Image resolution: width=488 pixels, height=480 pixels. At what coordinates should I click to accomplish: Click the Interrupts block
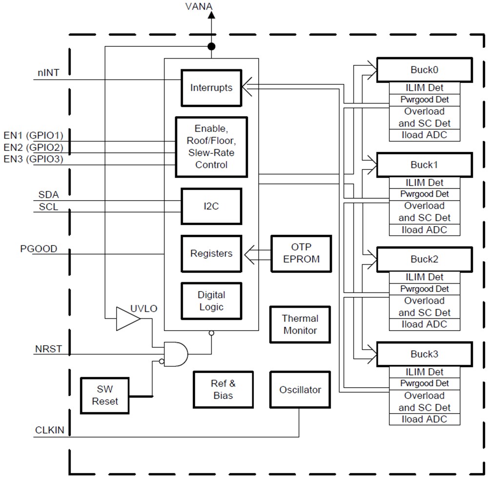(x=211, y=88)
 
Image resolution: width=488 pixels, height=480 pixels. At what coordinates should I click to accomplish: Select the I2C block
(x=211, y=206)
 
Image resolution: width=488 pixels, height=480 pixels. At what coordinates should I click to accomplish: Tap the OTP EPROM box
(x=301, y=253)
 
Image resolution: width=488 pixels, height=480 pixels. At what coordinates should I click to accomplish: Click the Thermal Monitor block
(x=300, y=324)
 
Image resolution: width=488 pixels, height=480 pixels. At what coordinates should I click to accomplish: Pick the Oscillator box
(x=300, y=390)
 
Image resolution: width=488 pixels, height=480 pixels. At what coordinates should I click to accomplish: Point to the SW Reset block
(x=105, y=396)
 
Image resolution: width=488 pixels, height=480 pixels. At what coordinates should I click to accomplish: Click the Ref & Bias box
(x=223, y=389)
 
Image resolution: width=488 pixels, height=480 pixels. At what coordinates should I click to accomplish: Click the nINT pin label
(x=48, y=73)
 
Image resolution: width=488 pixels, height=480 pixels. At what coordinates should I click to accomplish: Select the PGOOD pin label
(x=39, y=249)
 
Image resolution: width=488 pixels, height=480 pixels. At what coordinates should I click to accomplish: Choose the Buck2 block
(x=424, y=259)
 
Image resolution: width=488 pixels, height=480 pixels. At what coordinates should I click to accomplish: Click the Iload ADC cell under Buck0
(x=424, y=135)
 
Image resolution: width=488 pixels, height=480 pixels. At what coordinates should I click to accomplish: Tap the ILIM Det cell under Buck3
(x=424, y=372)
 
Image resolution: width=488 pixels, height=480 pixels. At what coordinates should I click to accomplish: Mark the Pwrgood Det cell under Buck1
(x=424, y=194)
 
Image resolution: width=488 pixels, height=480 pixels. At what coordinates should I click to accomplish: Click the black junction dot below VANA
(x=211, y=46)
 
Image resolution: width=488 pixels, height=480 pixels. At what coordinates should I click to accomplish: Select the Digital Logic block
(x=211, y=301)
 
